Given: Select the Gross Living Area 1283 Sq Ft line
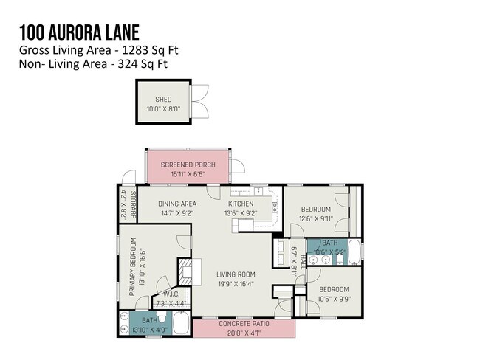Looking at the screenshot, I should tap(98, 50).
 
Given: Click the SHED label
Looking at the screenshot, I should tap(162, 100).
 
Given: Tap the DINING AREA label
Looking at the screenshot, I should tap(177, 204).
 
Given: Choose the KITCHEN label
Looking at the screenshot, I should tap(240, 204).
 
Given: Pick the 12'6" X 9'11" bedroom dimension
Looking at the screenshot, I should tap(316, 218).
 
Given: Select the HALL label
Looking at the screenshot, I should tap(302, 262).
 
